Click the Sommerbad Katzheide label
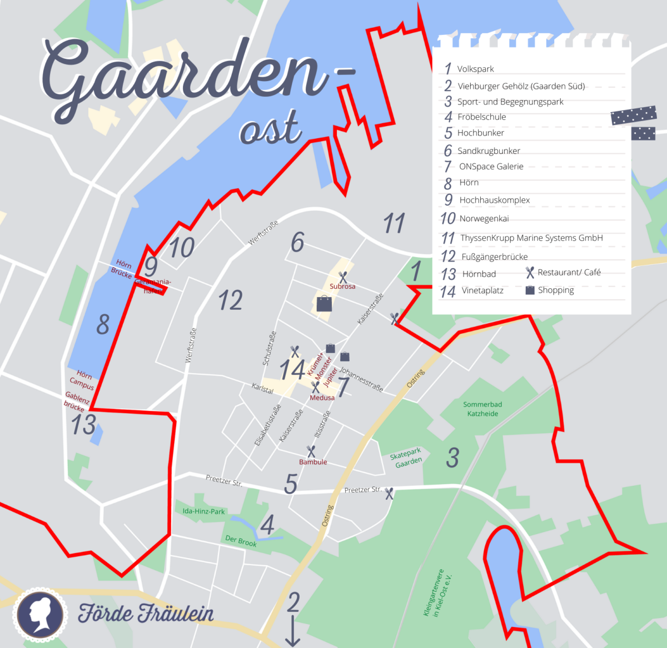482,409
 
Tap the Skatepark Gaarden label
407,458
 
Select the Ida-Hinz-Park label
203,511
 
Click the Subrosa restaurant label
342,286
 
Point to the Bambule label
313,462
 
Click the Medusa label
322,398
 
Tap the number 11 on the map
394,224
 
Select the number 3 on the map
453,458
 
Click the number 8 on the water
103,324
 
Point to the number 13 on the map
83,425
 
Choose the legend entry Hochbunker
480,133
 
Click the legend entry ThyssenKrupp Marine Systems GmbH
531,238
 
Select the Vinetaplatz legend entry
482,290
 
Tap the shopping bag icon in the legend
530,290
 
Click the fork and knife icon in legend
530,272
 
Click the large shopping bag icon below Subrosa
324,303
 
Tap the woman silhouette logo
40,613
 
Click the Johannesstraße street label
361,379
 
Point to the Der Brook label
241,541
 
